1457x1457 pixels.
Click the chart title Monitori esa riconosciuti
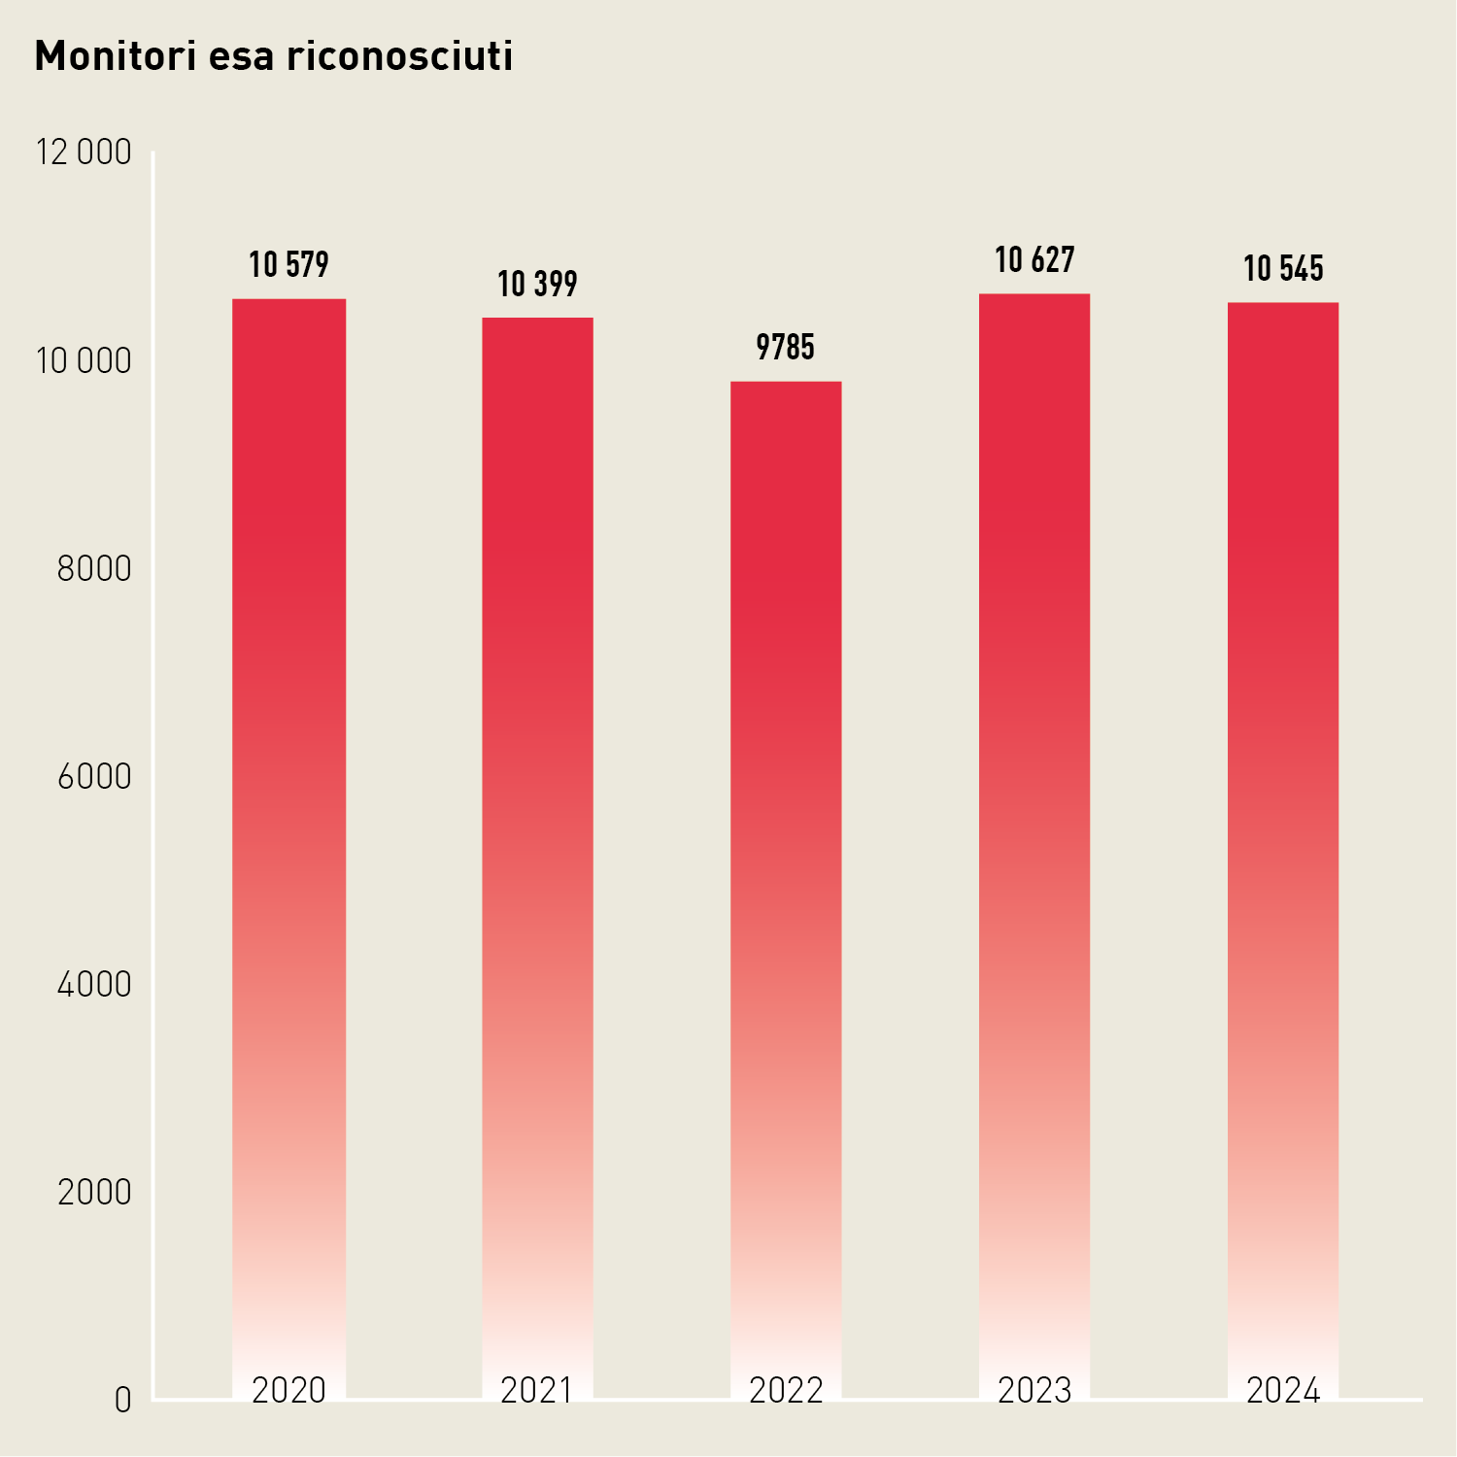(x=274, y=56)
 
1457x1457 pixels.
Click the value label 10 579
(x=289, y=265)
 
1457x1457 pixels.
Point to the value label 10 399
(x=537, y=285)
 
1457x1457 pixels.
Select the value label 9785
(x=786, y=348)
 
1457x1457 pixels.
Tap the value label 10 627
(x=1034, y=260)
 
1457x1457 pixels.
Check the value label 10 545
(x=1283, y=269)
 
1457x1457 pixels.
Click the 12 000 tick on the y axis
(x=84, y=152)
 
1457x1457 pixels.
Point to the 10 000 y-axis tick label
(x=84, y=361)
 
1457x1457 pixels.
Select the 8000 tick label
(x=94, y=569)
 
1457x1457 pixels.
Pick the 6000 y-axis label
(x=94, y=777)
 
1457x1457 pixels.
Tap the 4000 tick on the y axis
(x=94, y=985)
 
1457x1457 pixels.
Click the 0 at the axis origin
(x=122, y=1401)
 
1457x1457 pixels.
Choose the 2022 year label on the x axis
(x=786, y=1391)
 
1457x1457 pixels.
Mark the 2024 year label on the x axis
(x=1283, y=1391)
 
